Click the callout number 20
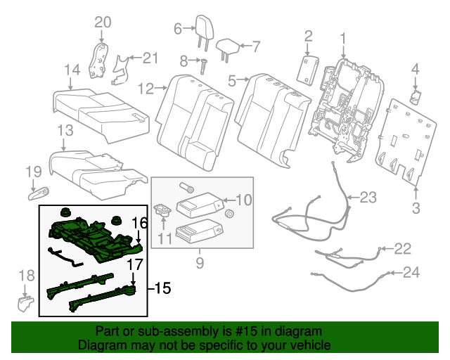pyautogui.click(x=103, y=23)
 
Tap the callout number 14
pyautogui.click(x=72, y=69)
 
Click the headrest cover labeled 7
pyautogui.click(x=228, y=46)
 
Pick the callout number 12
pyautogui.click(x=146, y=89)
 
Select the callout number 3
pyautogui.click(x=416, y=207)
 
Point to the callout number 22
pyautogui.click(x=401, y=247)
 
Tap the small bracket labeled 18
pyautogui.click(x=25, y=302)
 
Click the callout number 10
pyautogui.click(x=242, y=199)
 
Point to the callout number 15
pyautogui.click(x=162, y=288)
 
